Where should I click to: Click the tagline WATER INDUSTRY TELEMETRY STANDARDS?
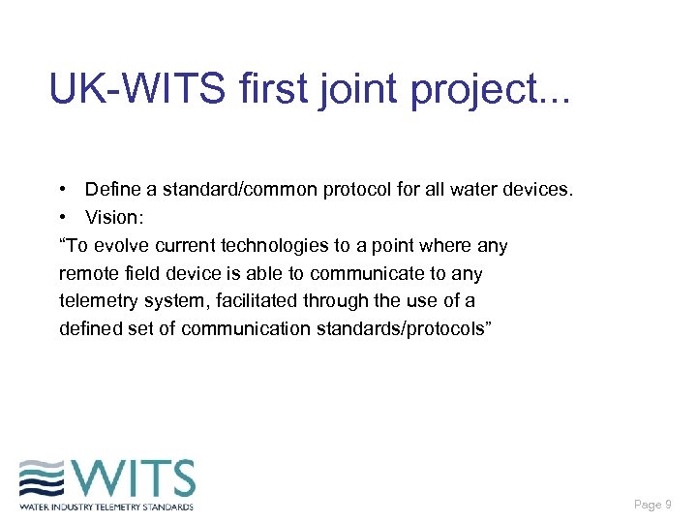pos(106,507)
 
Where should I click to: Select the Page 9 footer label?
pos(652,505)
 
